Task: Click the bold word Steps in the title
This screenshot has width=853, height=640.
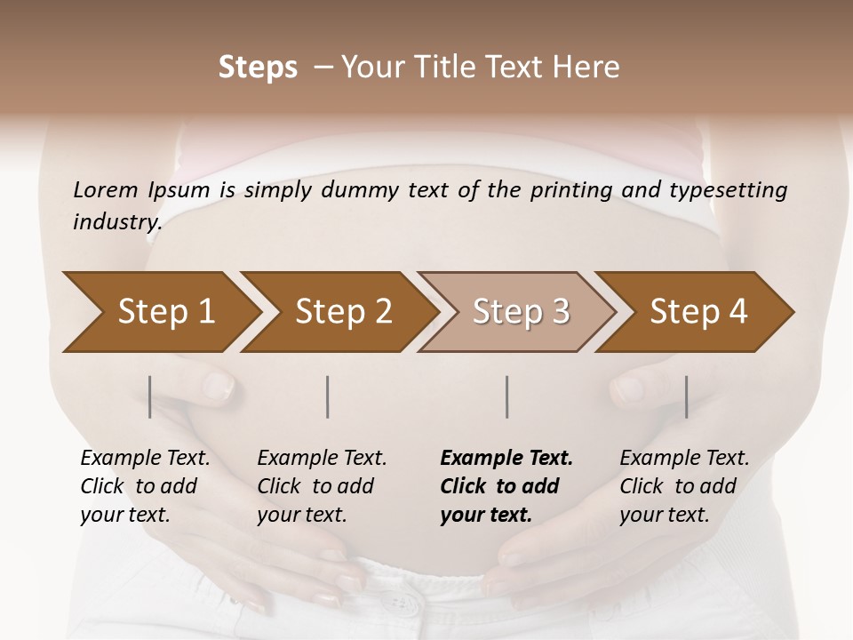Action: click(258, 67)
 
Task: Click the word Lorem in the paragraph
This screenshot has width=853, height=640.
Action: click(105, 189)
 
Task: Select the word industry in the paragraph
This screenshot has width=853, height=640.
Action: click(117, 222)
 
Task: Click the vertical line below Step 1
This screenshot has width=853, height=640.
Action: click(150, 396)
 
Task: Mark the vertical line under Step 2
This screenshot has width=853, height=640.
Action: click(328, 396)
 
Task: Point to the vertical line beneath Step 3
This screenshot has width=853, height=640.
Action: click(507, 396)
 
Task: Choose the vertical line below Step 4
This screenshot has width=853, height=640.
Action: click(686, 396)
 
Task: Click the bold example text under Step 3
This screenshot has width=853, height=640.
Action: click(506, 486)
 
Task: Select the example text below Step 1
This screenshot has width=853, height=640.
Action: click(145, 486)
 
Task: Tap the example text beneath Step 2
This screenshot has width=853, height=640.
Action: click(322, 486)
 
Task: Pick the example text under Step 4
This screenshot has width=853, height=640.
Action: click(684, 486)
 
